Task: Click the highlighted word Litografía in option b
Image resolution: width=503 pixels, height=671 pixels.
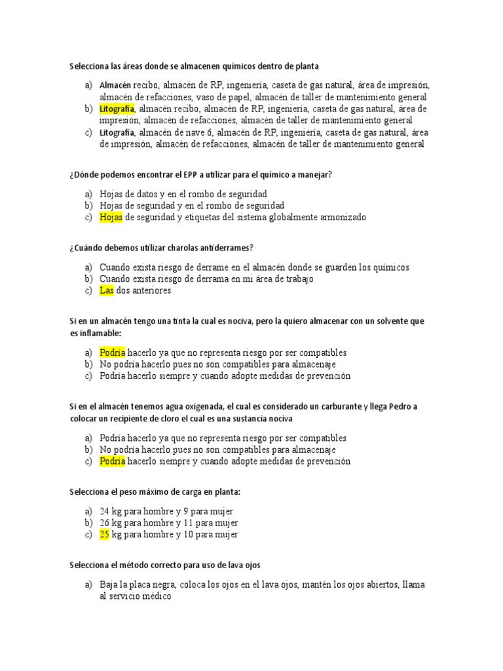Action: point(117,108)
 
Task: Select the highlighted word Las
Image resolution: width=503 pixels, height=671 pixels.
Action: point(107,290)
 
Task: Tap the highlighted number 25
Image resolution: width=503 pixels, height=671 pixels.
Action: point(105,534)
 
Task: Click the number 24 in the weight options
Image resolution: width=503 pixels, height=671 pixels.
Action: point(105,510)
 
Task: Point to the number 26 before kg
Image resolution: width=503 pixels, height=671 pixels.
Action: point(105,522)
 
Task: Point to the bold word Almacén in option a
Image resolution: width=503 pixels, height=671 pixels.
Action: point(115,85)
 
